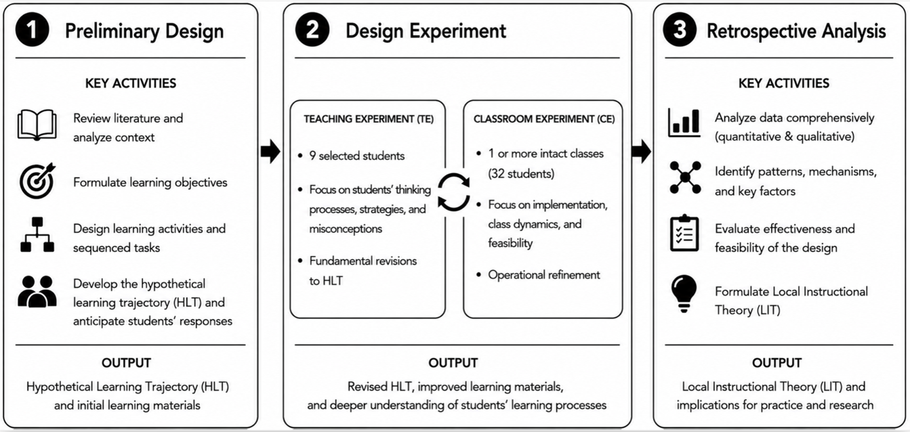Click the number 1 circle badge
point(32,30)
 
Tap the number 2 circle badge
point(312,30)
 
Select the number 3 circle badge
point(680,30)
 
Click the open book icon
point(37,125)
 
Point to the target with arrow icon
point(37,181)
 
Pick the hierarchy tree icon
point(37,235)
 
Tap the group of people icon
point(37,292)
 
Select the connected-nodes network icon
point(685,177)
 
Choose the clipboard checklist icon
point(684,233)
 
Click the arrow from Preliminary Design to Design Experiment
point(270,152)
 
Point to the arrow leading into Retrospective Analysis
point(642,152)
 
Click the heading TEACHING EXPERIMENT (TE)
point(369,119)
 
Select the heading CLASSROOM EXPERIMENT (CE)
point(544,119)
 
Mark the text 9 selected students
point(356,156)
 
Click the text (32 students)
point(521,174)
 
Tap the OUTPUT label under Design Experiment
point(453,362)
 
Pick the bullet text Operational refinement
point(544,275)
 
